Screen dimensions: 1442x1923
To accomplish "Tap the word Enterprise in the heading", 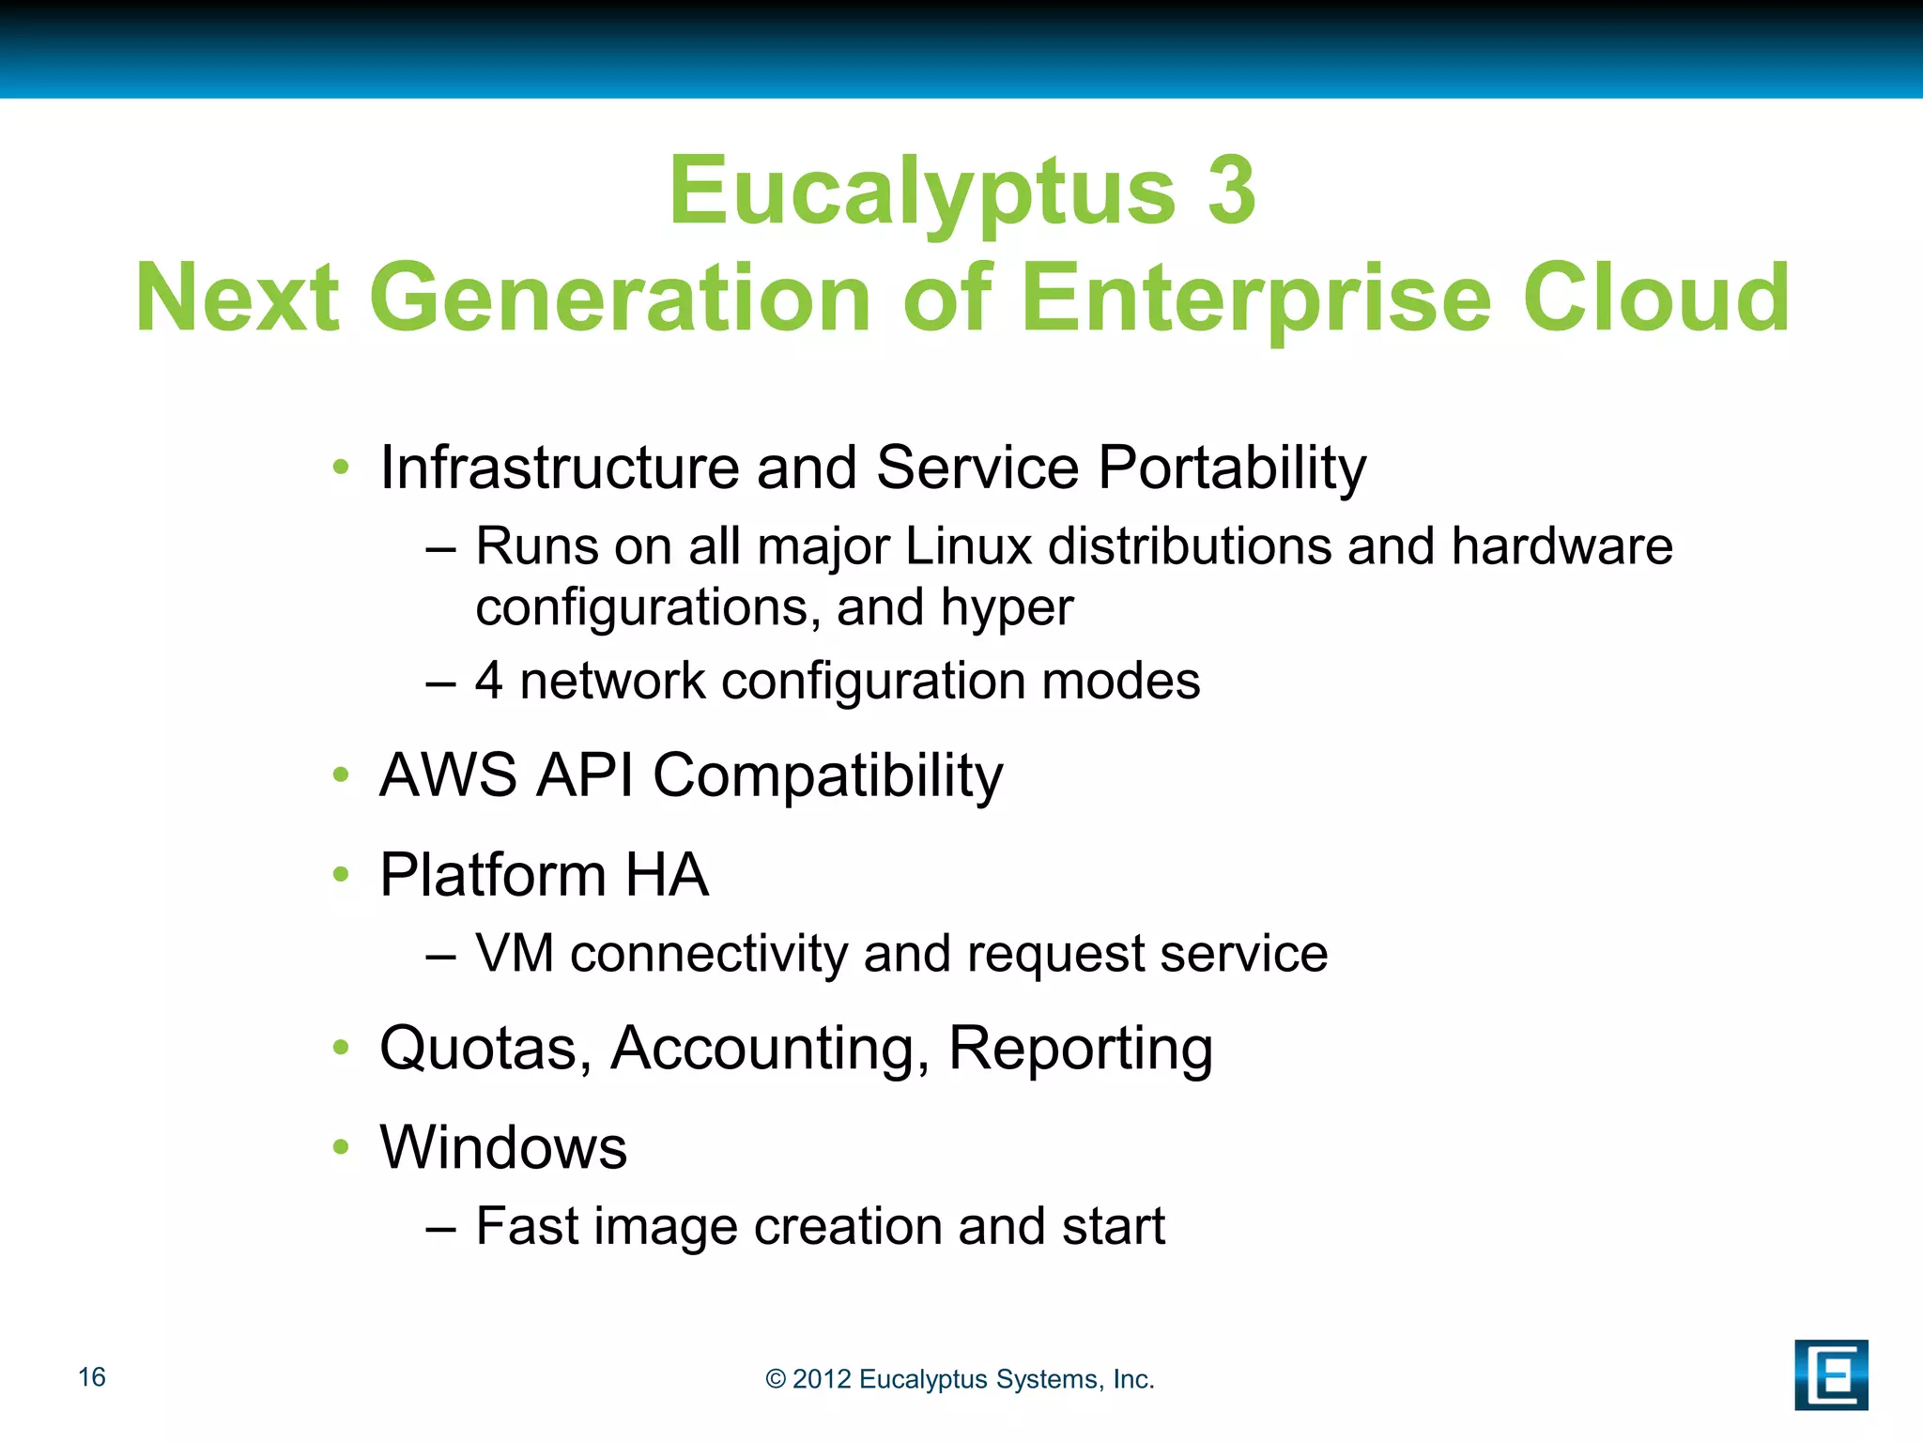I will pyautogui.click(x=1255, y=298).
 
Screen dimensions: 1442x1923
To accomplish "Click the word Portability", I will pyautogui.click(x=1232, y=468).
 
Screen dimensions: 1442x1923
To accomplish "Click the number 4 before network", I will pyautogui.click(x=489, y=681).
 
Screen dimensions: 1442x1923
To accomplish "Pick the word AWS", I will pyautogui.click(x=448, y=775).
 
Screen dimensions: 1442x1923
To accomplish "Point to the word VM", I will pyautogui.click(x=515, y=954).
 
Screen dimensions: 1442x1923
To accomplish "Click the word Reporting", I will pyautogui.click(x=1080, y=1050).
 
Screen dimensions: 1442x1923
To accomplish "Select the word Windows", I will pyautogui.click(x=503, y=1147).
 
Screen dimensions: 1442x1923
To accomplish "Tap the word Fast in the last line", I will pyautogui.click(x=527, y=1226).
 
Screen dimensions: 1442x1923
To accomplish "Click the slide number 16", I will pyautogui.click(x=92, y=1377).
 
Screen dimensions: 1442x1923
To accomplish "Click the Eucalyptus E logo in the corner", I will pyautogui.click(x=1831, y=1374).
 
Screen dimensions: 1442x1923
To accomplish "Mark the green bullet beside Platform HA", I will pyautogui.click(x=341, y=875).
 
